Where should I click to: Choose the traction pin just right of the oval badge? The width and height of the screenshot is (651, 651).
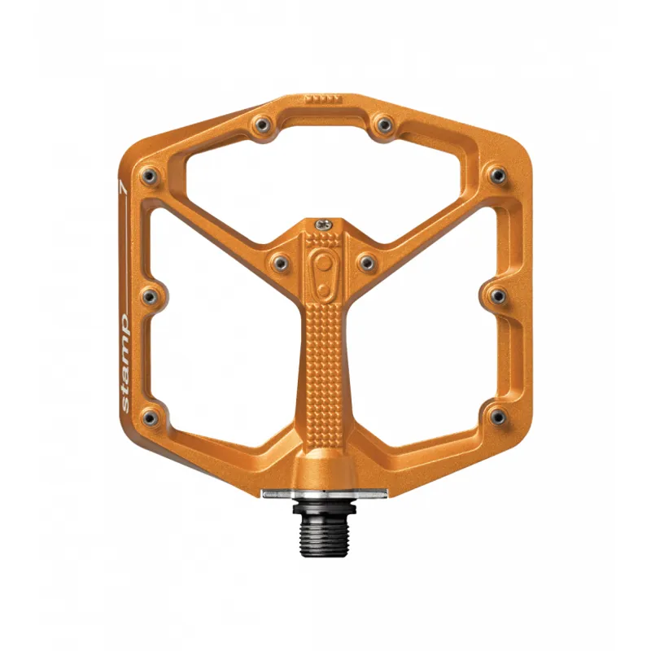(x=366, y=261)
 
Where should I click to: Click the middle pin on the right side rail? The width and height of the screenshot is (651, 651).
(x=497, y=294)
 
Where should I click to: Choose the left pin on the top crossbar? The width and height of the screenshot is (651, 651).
(x=263, y=125)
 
